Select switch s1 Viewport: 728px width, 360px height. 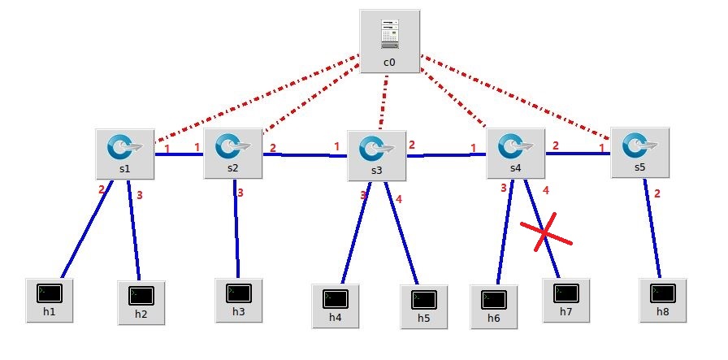pos(124,148)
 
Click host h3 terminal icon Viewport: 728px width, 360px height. pos(238,293)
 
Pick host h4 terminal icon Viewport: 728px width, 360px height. pos(336,299)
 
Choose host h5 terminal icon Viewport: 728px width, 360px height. pos(423,299)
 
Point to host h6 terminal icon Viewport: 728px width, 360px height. pos(493,299)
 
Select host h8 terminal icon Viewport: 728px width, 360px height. pos(662,293)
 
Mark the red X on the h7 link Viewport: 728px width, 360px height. pos(546,234)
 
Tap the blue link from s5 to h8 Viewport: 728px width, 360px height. pos(653,228)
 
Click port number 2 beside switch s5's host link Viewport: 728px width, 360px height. pos(656,193)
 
